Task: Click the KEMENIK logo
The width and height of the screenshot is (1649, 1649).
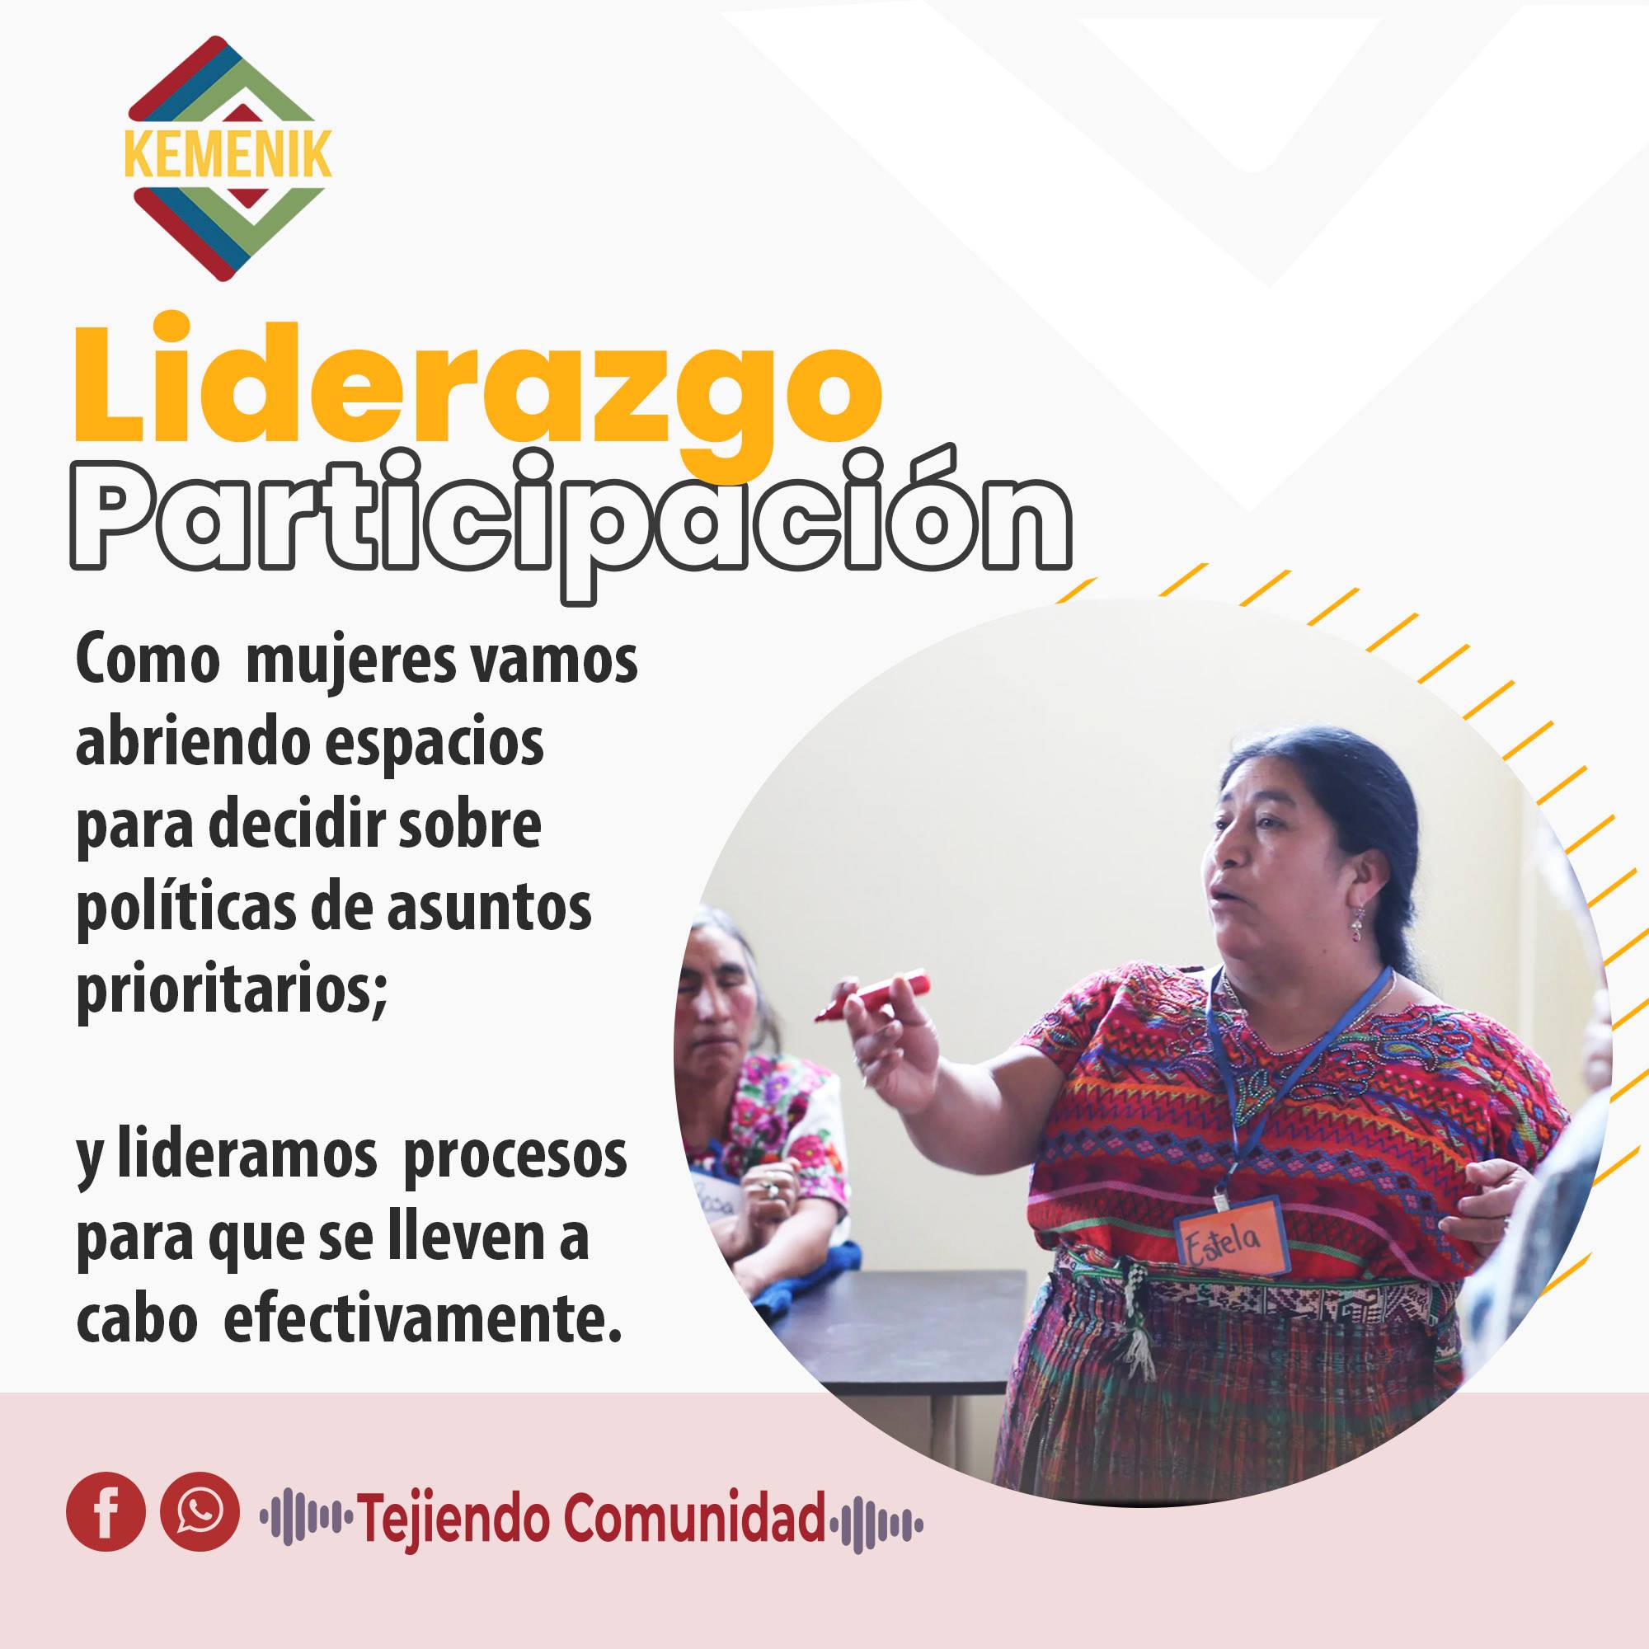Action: [x=228, y=159]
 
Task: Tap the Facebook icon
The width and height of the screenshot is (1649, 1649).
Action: [x=106, y=1511]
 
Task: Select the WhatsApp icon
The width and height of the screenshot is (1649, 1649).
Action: [x=200, y=1511]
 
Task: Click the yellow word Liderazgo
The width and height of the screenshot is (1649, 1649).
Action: [x=478, y=392]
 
